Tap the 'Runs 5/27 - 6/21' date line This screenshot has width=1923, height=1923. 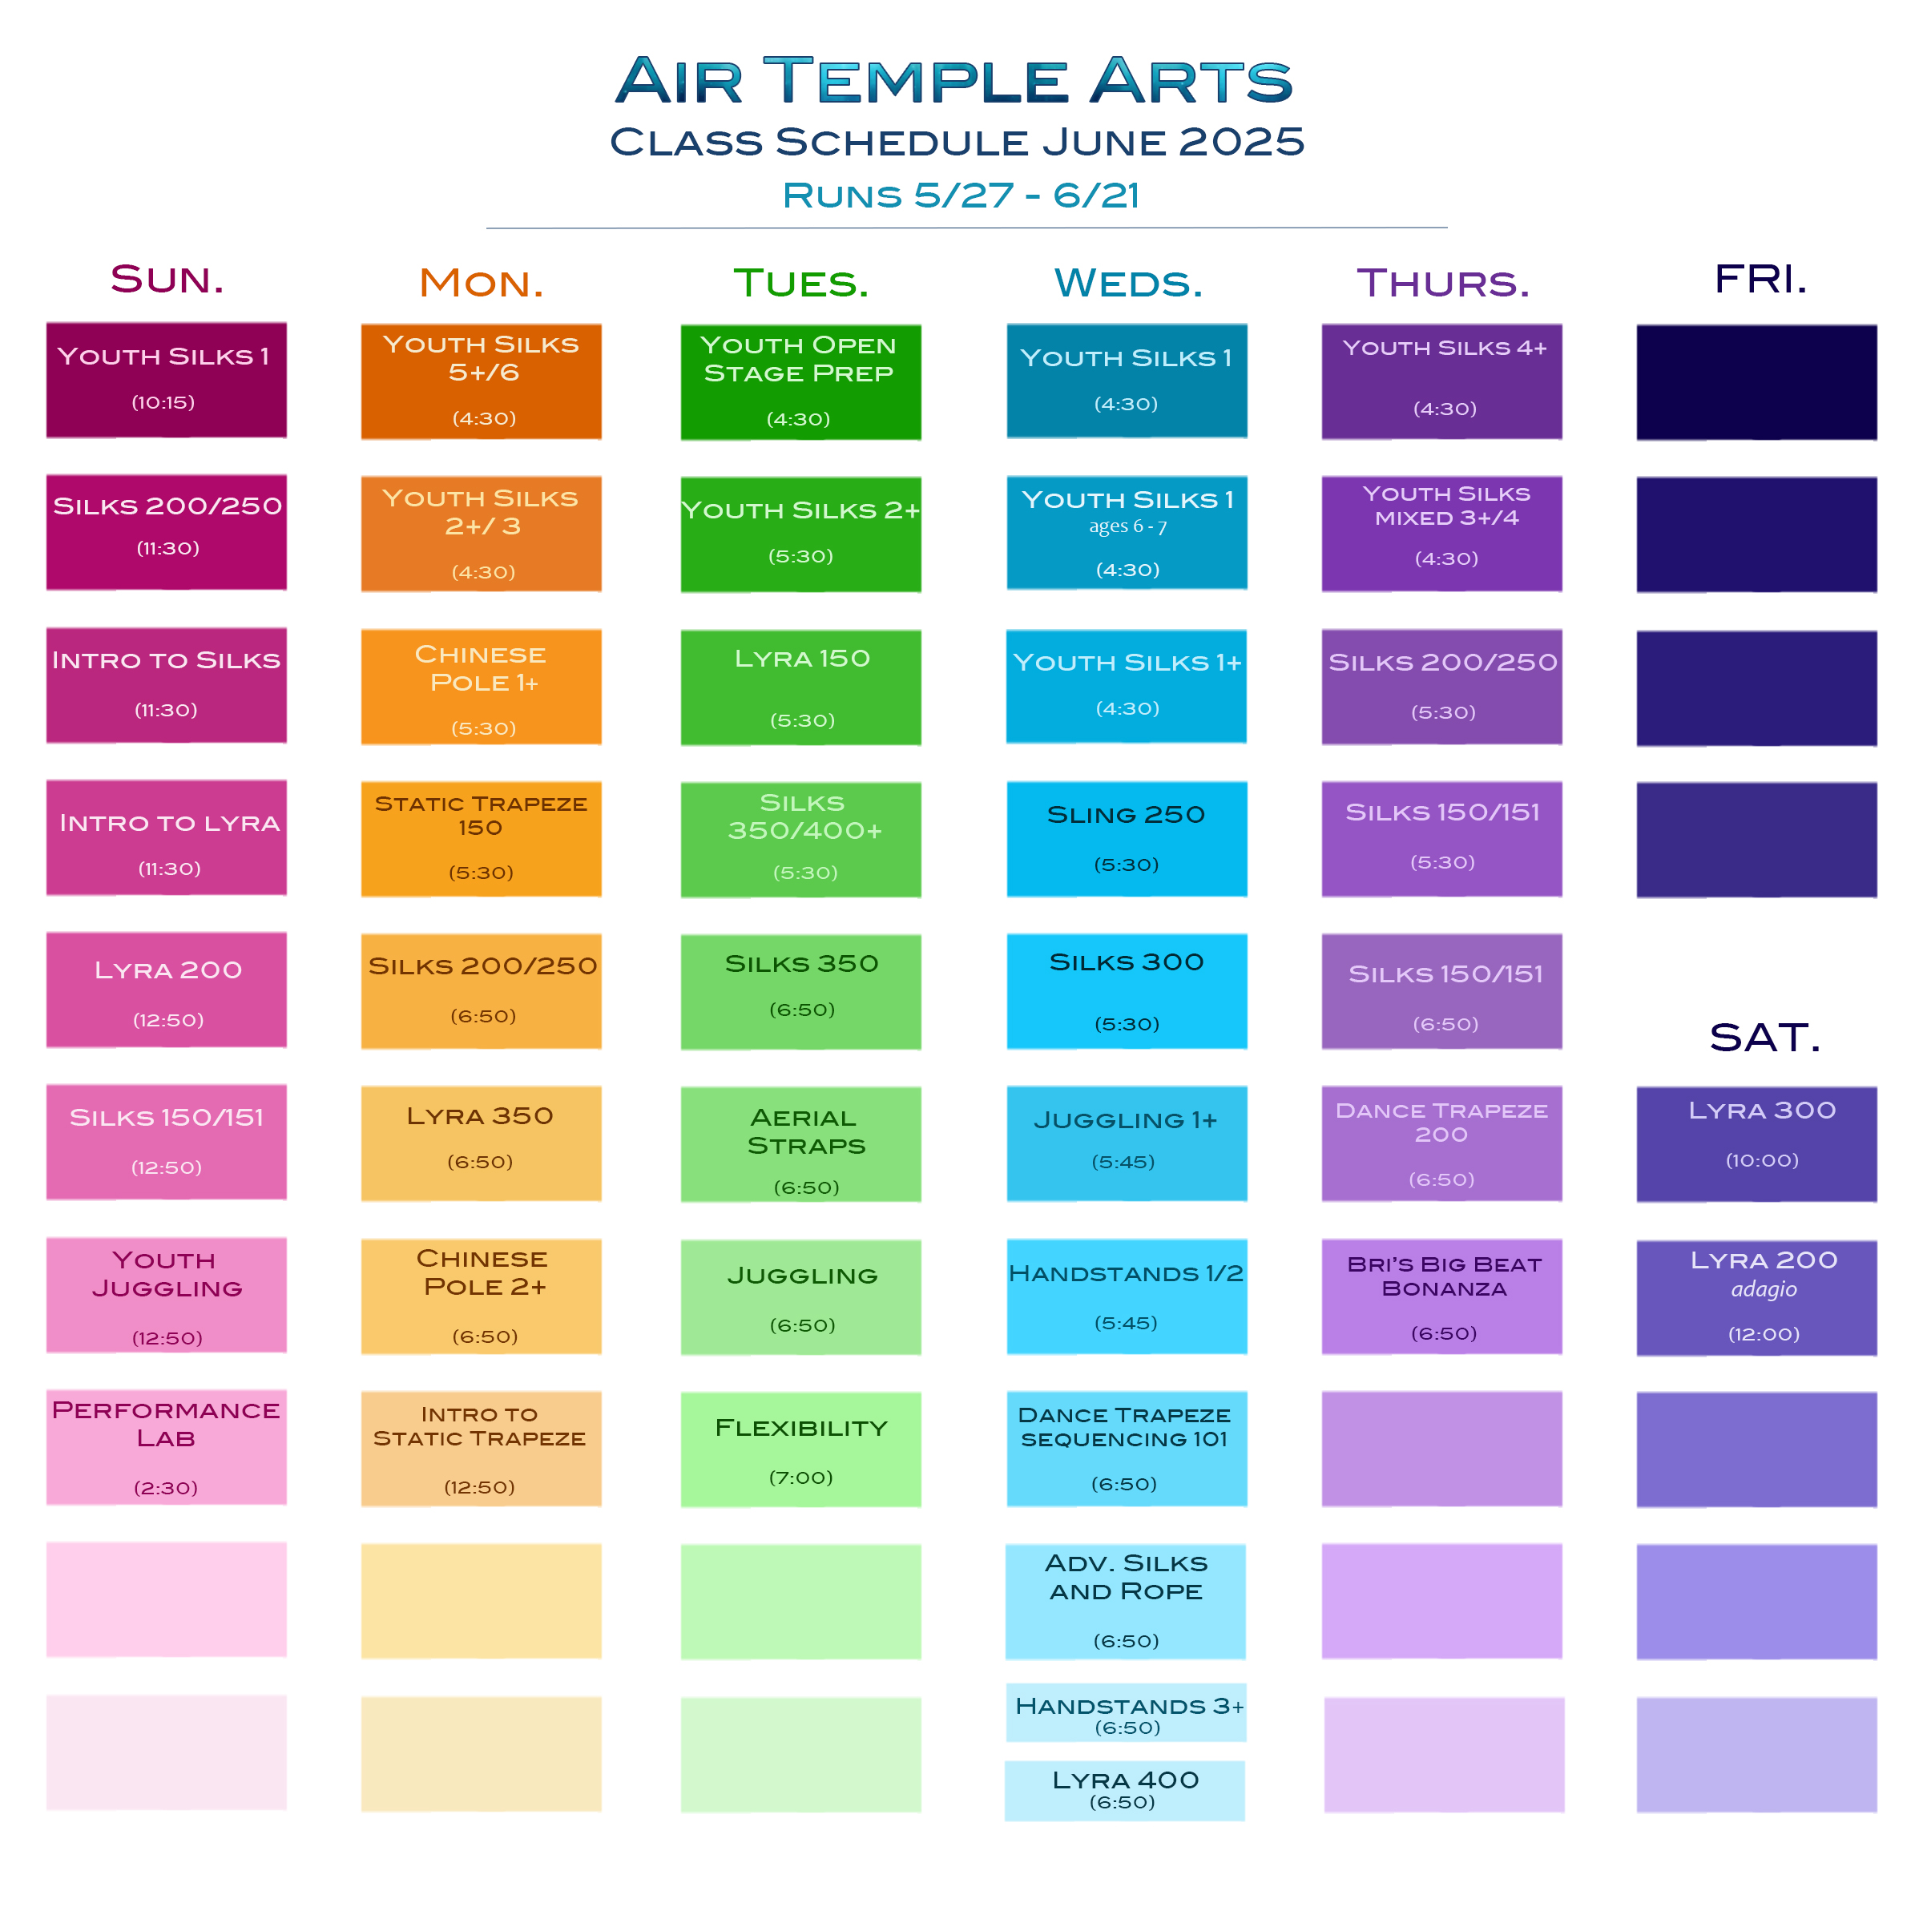pos(961,195)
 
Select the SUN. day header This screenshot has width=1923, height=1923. pos(167,279)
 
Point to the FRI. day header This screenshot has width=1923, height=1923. pos(1760,279)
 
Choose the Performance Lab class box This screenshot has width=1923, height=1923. pos(166,1446)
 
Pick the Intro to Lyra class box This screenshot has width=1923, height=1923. pos(166,837)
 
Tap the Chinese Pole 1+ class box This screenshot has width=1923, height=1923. pos(481,686)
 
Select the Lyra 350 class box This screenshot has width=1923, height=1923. pos(481,1143)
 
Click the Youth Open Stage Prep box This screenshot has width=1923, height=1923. pos(800,381)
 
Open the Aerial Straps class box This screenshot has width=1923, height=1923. pos(800,1143)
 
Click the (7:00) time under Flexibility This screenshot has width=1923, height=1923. pos(800,1477)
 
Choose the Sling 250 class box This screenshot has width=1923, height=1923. pos(1126,838)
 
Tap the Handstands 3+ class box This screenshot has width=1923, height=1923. pos(1126,1712)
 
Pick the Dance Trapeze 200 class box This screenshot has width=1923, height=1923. pos(1441,1143)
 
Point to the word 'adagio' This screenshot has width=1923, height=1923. pos(1763,1289)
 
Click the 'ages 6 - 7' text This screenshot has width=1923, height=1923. pos(1127,526)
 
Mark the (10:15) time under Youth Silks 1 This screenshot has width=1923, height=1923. pos(163,402)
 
